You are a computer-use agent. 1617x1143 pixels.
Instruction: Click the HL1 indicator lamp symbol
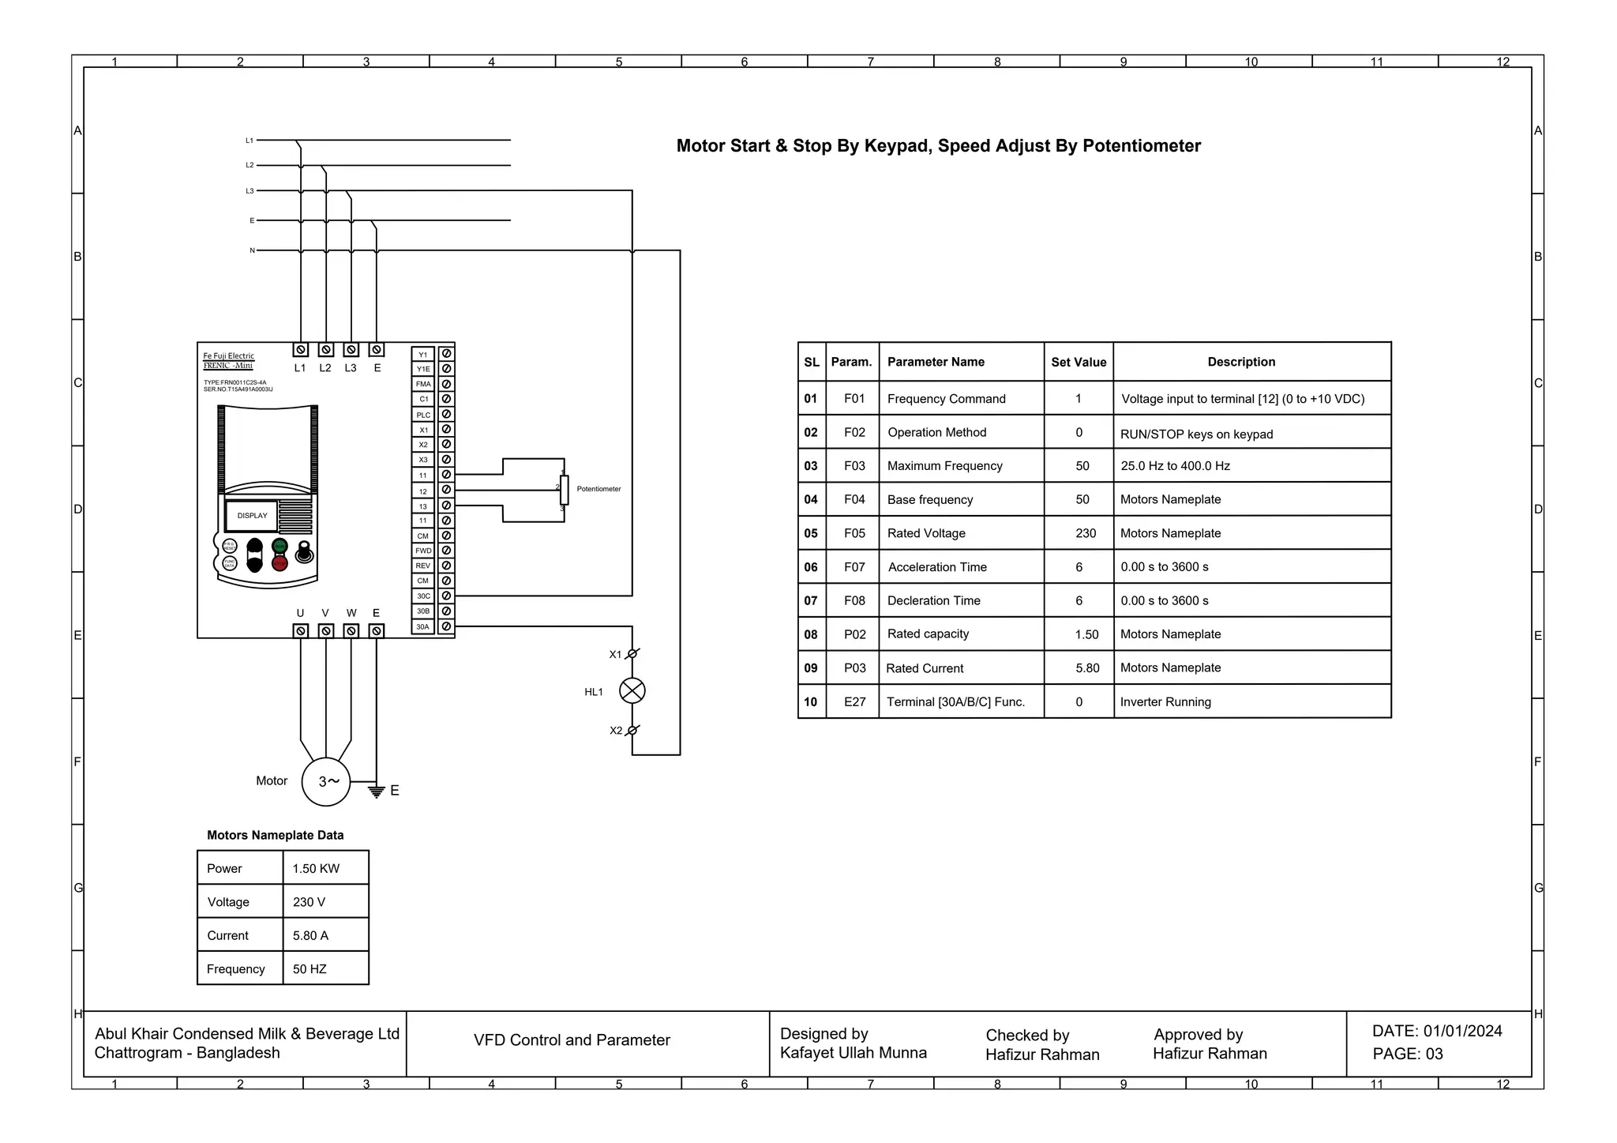pyautogui.click(x=632, y=691)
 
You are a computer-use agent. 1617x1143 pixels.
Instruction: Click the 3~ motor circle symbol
pyautogui.click(x=326, y=781)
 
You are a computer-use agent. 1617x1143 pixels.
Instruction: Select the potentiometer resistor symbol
pyautogui.click(x=564, y=490)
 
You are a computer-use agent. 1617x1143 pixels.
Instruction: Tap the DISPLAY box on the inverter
pyautogui.click(x=252, y=516)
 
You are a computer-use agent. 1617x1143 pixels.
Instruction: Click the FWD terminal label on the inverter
pyautogui.click(x=423, y=551)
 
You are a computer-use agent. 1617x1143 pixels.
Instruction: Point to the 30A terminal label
pyautogui.click(x=423, y=626)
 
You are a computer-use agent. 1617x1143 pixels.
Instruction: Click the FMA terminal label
pyautogui.click(x=423, y=384)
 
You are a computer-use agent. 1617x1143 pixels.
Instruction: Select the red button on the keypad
pyautogui.click(x=280, y=562)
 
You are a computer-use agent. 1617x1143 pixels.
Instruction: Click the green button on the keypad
pyautogui.click(x=280, y=546)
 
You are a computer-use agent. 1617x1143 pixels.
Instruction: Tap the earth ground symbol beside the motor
pyautogui.click(x=377, y=791)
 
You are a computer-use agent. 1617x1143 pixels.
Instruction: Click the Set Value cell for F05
pyautogui.click(x=1086, y=533)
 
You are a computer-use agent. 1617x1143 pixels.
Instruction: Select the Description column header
pyautogui.click(x=1240, y=362)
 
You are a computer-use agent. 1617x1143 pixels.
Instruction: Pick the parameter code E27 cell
pyautogui.click(x=854, y=701)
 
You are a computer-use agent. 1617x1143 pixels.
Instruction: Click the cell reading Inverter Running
pyautogui.click(x=1165, y=701)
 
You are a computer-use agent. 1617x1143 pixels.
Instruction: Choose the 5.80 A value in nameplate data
pyautogui.click(x=310, y=935)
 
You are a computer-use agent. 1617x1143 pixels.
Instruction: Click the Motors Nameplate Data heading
pyautogui.click(x=275, y=835)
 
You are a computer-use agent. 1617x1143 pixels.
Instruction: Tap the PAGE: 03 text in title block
pyautogui.click(x=1407, y=1054)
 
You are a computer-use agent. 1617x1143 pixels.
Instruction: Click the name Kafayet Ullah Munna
pyautogui.click(x=853, y=1052)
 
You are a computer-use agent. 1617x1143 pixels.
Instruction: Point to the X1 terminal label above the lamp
pyautogui.click(x=615, y=654)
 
